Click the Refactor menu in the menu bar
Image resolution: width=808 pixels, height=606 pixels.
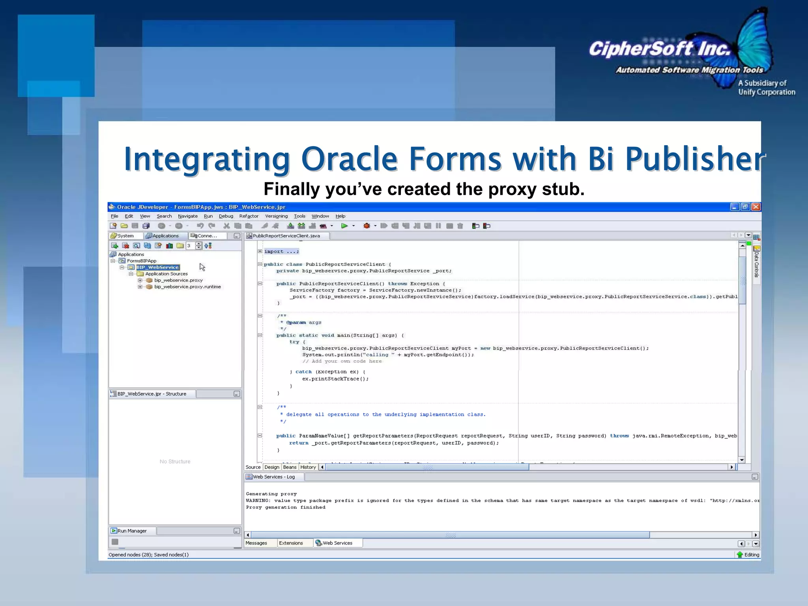(249, 216)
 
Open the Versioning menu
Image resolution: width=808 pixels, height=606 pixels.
(276, 216)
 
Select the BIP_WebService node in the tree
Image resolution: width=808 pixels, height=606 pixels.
(158, 267)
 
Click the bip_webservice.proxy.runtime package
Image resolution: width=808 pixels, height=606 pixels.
(187, 287)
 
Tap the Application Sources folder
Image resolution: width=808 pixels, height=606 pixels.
(166, 274)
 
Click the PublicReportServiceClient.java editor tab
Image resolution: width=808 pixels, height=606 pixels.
(286, 236)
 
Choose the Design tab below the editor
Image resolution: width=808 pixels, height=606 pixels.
(272, 467)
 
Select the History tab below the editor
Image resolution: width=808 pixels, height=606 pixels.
(308, 467)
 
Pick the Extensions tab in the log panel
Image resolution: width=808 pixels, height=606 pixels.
(291, 543)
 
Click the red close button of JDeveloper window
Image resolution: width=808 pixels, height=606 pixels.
(756, 207)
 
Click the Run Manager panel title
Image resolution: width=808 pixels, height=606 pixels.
(132, 531)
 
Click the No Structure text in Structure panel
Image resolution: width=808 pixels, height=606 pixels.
(175, 462)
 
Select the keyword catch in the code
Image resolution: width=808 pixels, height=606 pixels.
(303, 372)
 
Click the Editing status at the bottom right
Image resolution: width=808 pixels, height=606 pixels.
(751, 555)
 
